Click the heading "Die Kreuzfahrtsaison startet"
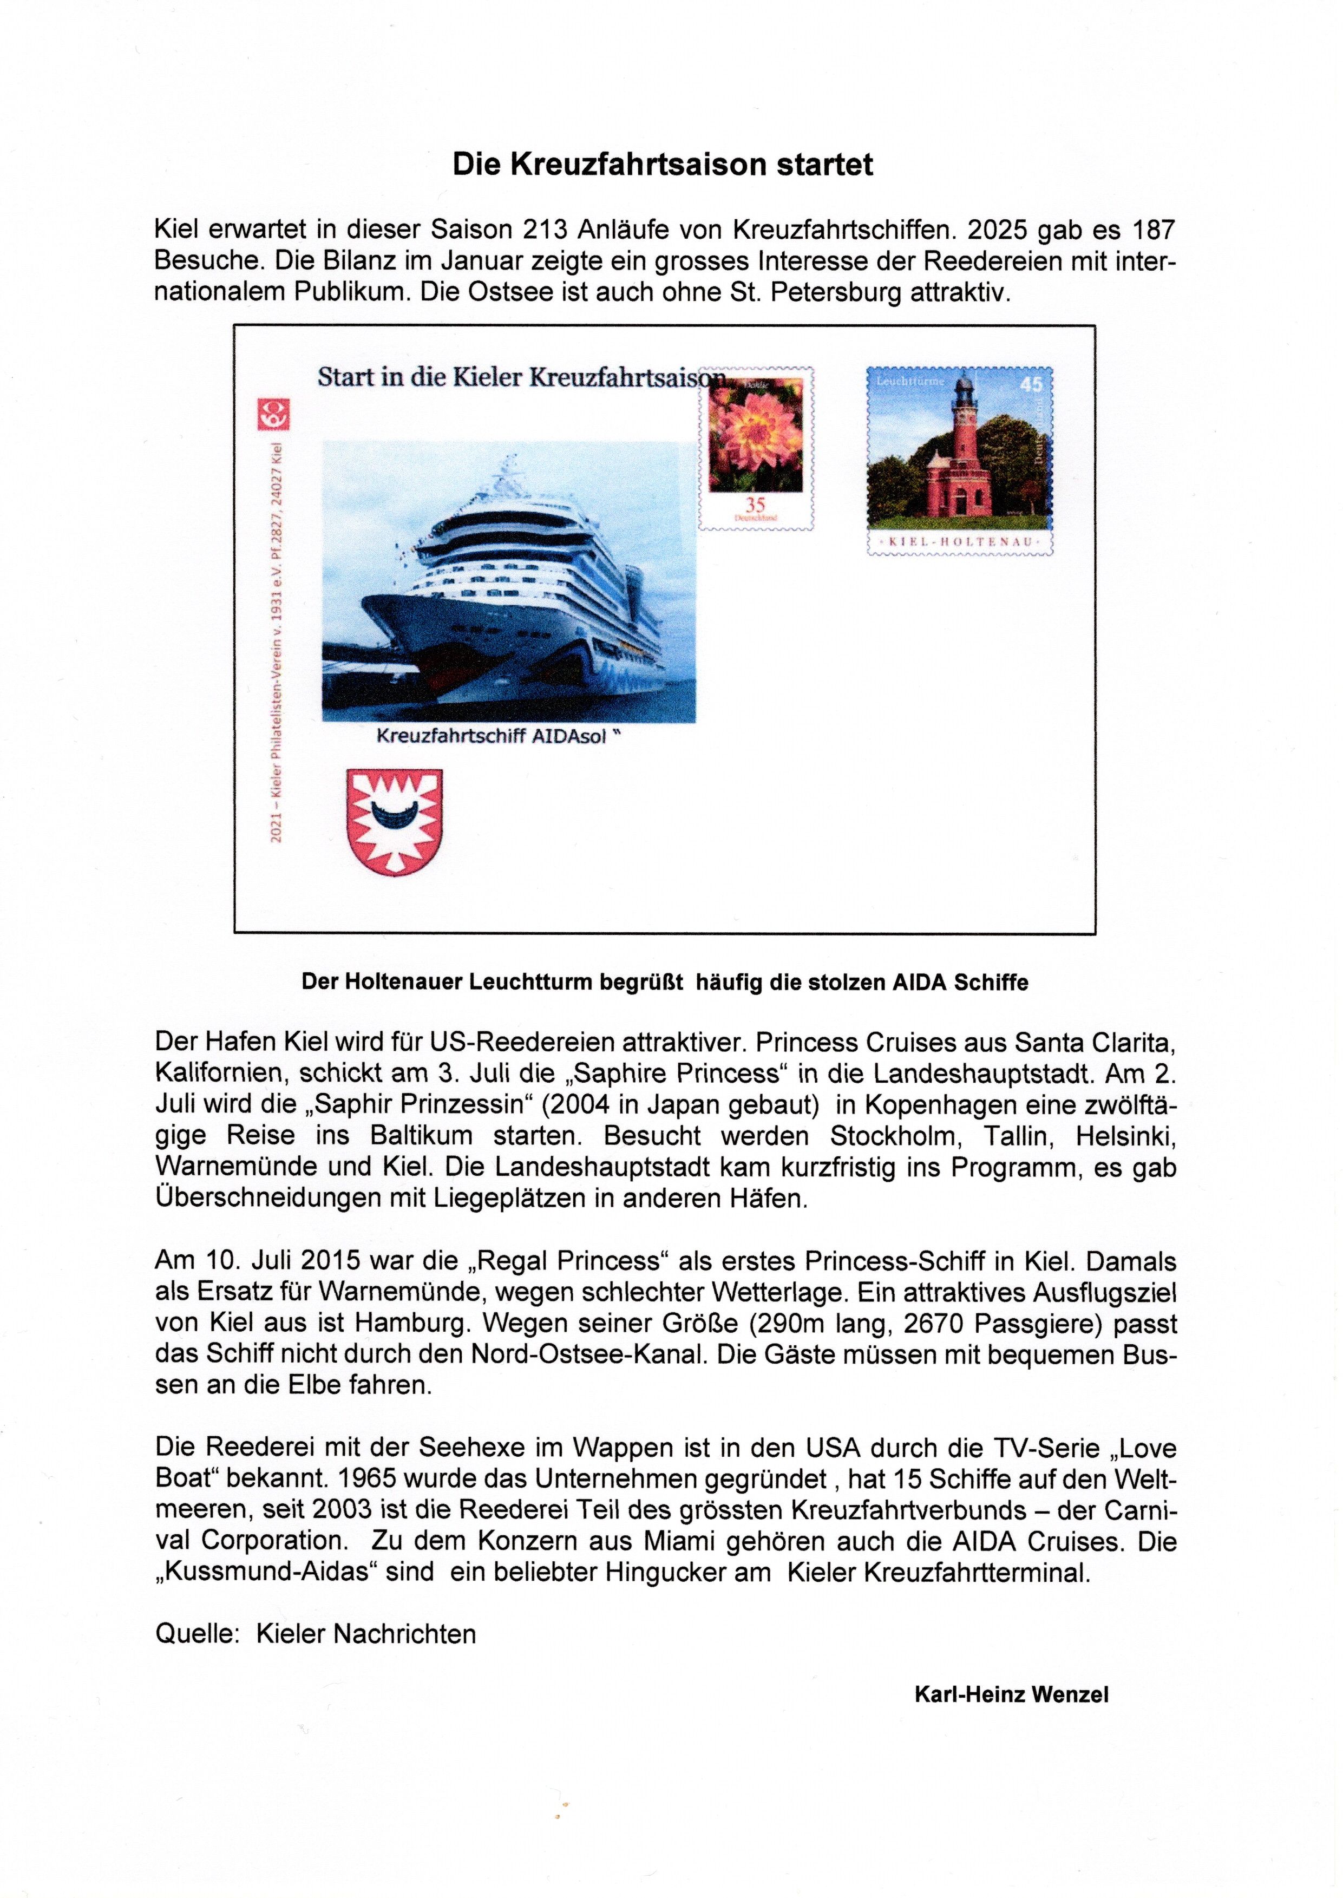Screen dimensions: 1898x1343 coord(663,165)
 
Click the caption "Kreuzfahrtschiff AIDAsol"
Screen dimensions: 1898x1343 coord(496,737)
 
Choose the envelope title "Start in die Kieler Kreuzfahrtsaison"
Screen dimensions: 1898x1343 coord(519,377)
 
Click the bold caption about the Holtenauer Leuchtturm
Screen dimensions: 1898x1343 coord(665,983)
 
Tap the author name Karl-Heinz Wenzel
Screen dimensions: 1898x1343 coord(1011,1694)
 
